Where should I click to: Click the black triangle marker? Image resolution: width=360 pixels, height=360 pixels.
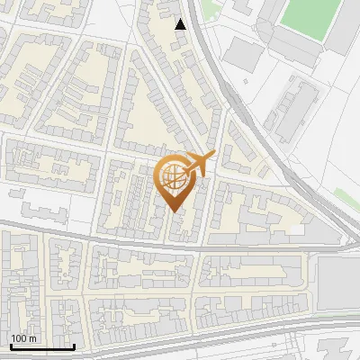click(181, 24)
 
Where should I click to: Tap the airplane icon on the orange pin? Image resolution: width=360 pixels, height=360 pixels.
click(199, 164)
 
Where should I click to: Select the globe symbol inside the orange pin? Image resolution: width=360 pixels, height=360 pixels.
click(175, 178)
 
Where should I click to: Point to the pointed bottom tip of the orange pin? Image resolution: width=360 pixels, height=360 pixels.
click(175, 211)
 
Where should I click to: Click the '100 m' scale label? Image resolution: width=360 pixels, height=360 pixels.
click(24, 338)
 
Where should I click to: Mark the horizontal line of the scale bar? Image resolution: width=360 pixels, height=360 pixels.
click(42, 346)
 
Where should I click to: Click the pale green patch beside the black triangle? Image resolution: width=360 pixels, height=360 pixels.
click(208, 8)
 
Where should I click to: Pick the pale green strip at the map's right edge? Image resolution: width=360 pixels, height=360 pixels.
click(347, 199)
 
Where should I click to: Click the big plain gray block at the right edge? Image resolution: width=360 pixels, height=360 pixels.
click(340, 279)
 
